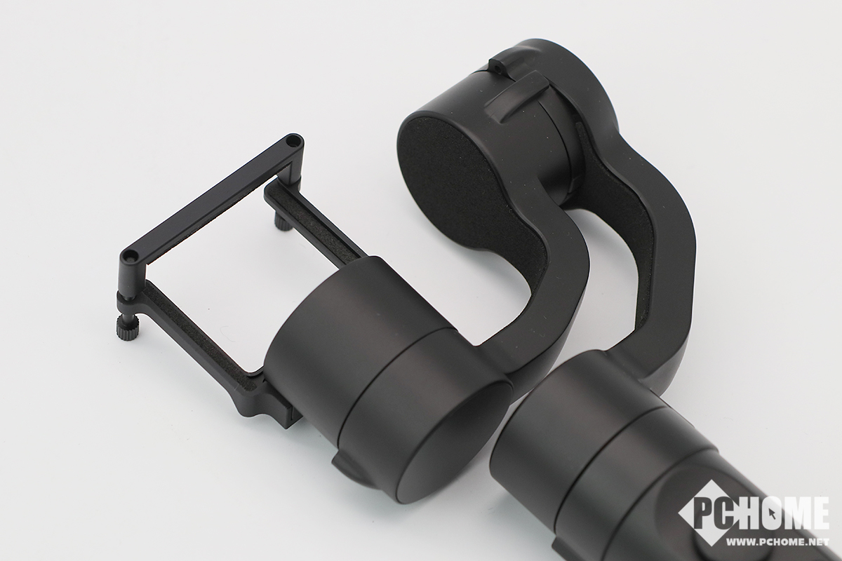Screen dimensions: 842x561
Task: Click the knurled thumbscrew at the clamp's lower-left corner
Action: [127, 327]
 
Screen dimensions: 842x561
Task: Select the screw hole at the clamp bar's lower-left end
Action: [130, 256]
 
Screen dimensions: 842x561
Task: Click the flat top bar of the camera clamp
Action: [213, 198]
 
